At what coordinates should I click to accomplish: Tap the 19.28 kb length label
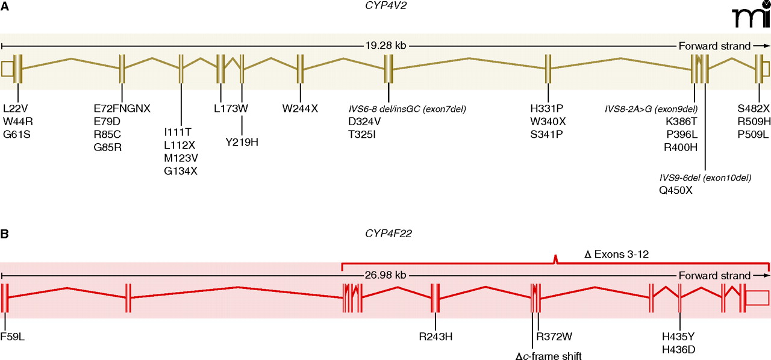click(385, 46)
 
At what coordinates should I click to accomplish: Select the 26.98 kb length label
click(385, 275)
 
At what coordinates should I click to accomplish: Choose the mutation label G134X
click(181, 171)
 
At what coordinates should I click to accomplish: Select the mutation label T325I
click(363, 134)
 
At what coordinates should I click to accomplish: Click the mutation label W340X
click(548, 122)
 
